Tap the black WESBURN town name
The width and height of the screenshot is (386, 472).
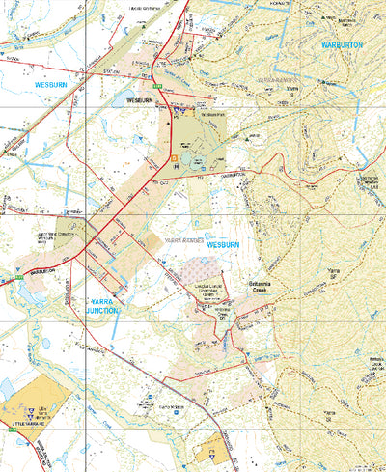(x=141, y=99)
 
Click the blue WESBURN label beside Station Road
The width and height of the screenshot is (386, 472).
(x=48, y=85)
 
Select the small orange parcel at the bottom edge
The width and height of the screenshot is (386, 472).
(x=211, y=451)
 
